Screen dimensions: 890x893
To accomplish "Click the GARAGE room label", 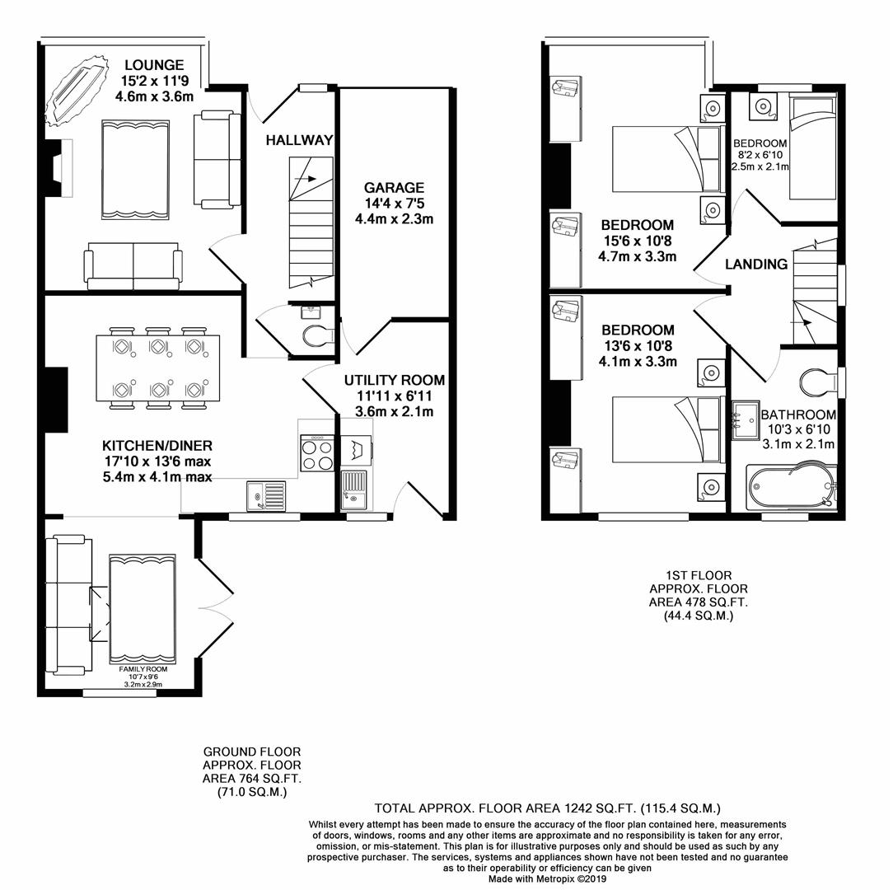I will click(394, 188).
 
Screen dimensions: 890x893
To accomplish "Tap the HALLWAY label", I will click(299, 141).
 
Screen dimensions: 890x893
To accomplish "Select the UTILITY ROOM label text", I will click(394, 380).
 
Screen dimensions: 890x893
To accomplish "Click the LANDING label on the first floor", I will click(756, 265).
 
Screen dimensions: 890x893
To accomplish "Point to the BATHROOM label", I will click(797, 415).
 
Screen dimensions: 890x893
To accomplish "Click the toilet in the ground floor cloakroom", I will click(317, 335).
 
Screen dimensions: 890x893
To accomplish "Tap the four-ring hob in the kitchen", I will click(318, 454).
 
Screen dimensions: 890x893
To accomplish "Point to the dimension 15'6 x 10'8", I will click(637, 241).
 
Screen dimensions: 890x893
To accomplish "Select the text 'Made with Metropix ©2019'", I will click(547, 878).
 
